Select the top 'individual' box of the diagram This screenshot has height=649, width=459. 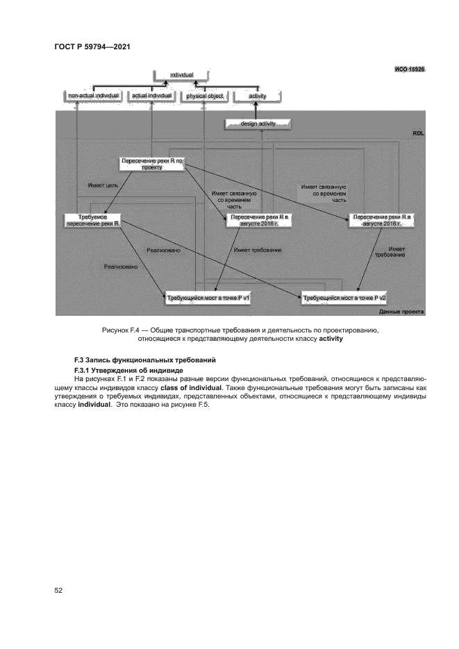click(181, 74)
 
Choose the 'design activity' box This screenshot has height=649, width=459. click(258, 124)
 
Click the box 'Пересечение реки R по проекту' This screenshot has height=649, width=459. click(151, 164)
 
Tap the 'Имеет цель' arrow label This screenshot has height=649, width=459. click(102, 185)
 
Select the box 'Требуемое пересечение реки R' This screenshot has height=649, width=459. click(93, 220)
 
